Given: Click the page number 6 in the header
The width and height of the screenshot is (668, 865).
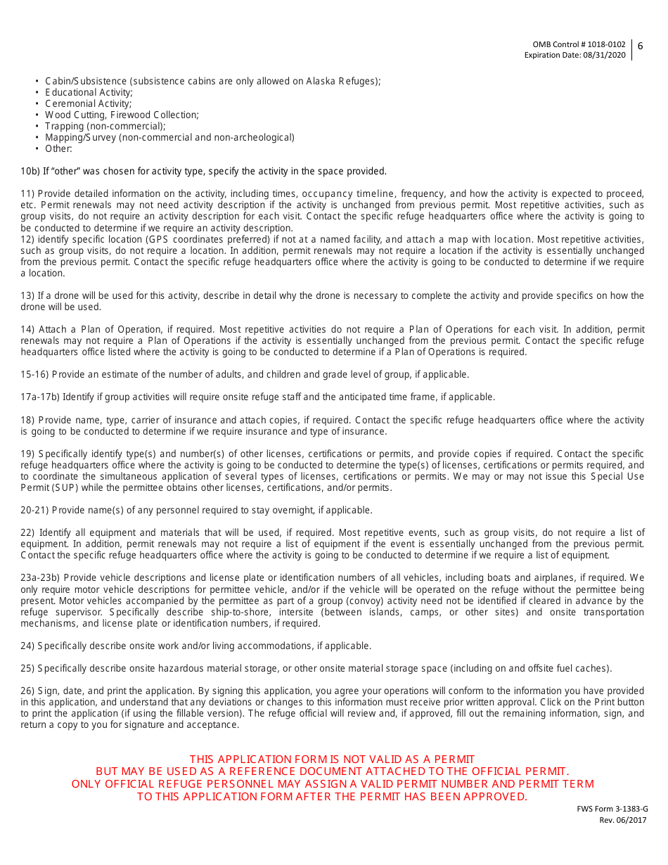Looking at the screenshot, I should [640, 46].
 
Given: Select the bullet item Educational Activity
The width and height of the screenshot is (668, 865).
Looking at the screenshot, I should [89, 92].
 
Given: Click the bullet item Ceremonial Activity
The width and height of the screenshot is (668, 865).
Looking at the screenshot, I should [88, 103].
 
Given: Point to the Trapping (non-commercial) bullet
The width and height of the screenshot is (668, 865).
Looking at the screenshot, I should [105, 126].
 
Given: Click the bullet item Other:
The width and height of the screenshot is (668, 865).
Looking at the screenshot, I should [58, 148].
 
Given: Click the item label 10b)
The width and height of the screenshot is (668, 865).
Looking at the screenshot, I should [30, 171].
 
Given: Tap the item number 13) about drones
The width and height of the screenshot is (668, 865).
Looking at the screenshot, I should [27, 295].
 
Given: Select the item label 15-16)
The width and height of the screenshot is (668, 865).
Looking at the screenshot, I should [34, 374].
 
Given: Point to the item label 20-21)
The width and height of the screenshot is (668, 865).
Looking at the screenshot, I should [34, 510].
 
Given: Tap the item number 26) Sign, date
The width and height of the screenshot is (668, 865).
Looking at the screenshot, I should [27, 691].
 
